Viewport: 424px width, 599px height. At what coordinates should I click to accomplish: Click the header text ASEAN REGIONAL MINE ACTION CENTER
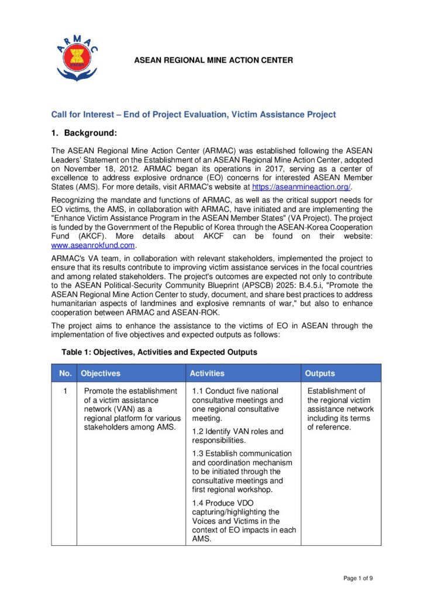point(213,60)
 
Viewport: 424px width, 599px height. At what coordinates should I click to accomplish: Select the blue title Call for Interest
point(194,115)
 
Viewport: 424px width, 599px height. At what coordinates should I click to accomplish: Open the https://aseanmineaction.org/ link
point(301,187)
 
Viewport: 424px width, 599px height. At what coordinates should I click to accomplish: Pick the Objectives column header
point(101,373)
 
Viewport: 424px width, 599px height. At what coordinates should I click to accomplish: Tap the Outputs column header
point(320,373)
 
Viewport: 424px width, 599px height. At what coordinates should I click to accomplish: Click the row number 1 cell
point(64,391)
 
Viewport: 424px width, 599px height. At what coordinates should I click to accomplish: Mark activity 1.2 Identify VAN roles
point(237,436)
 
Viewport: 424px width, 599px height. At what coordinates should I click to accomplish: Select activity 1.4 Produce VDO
point(243,521)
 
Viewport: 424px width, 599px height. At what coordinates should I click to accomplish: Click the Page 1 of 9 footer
point(358,579)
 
